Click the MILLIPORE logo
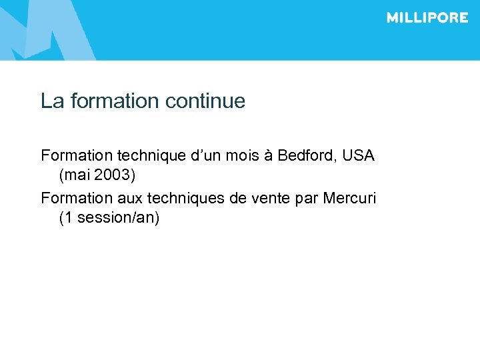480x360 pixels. click(x=427, y=18)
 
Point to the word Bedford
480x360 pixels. click(x=307, y=156)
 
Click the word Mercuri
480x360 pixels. click(x=349, y=198)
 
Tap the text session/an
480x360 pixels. click(x=117, y=218)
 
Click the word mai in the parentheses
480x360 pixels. click(x=77, y=176)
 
